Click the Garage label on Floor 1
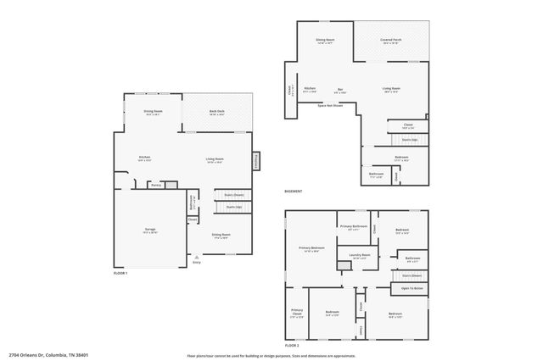(x=150, y=229)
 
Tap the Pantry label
(x=155, y=185)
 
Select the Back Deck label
(x=217, y=111)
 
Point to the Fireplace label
(x=255, y=161)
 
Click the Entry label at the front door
(x=197, y=262)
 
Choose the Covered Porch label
(x=390, y=40)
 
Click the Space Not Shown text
(x=330, y=106)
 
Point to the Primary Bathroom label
(x=354, y=226)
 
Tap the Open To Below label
(x=412, y=289)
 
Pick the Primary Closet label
(x=297, y=314)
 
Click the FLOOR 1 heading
(x=120, y=273)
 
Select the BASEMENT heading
(x=294, y=192)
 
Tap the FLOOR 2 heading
(x=293, y=346)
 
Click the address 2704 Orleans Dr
(x=48, y=355)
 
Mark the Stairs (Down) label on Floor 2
(x=411, y=275)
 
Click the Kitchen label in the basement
(x=311, y=88)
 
